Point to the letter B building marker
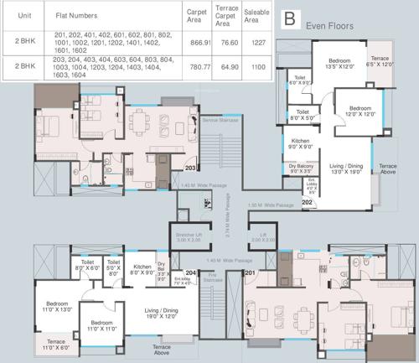coord(290,18)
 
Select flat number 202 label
coord(307,202)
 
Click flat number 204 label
coord(190,272)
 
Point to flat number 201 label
coord(250,272)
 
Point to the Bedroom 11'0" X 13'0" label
coord(54,306)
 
